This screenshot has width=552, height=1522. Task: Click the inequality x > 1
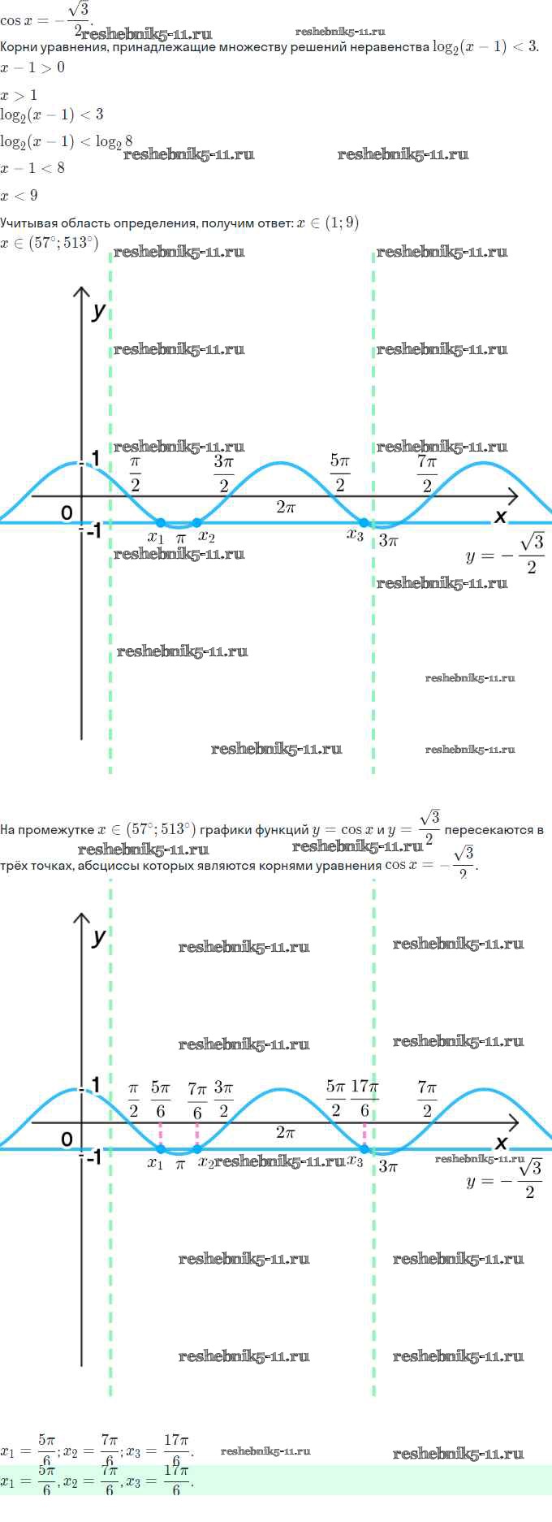click(19, 95)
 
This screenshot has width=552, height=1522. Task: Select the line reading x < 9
click(19, 196)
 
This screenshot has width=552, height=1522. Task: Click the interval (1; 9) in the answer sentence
click(341, 223)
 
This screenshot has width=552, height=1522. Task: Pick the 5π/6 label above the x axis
click(160, 1100)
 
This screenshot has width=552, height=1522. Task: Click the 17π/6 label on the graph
click(364, 1100)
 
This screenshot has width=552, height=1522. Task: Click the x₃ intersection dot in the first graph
click(364, 522)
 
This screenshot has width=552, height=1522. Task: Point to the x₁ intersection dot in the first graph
click(161, 522)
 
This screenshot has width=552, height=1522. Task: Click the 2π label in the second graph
click(285, 1132)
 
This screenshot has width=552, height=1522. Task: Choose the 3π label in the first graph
click(388, 540)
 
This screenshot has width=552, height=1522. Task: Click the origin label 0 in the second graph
click(67, 1139)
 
